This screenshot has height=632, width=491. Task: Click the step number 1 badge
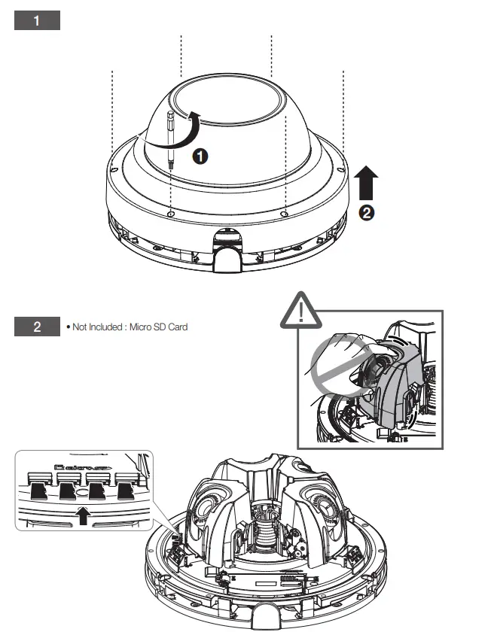click(x=37, y=20)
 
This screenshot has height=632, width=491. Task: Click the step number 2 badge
click(x=37, y=327)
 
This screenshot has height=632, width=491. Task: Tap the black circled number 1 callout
click(x=200, y=156)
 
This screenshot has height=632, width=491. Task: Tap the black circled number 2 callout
click(x=367, y=213)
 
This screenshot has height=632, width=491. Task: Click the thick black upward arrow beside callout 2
click(x=367, y=183)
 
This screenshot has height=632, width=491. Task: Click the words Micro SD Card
click(x=163, y=327)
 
